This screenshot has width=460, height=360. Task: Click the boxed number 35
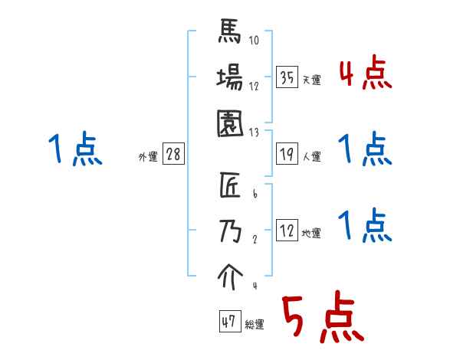(x=287, y=78)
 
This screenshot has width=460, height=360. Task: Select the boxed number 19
(x=287, y=154)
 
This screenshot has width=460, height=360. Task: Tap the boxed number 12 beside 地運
(x=287, y=231)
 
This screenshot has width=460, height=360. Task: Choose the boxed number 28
(x=173, y=154)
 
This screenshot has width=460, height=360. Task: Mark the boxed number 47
(x=228, y=322)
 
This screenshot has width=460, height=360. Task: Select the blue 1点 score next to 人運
(x=365, y=149)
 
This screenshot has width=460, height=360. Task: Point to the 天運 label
(x=312, y=80)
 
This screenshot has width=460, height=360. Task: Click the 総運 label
(x=255, y=325)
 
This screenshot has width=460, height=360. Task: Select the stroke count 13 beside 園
(x=254, y=132)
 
